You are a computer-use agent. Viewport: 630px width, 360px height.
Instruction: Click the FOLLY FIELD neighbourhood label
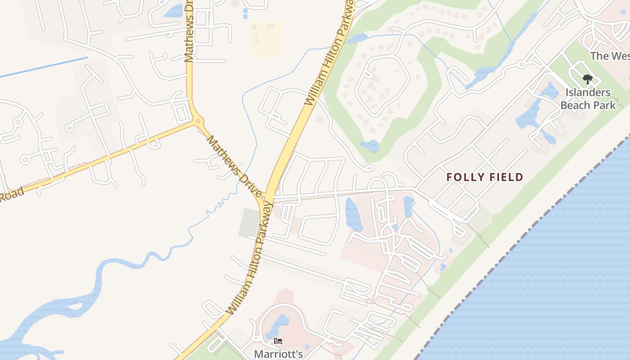(485, 177)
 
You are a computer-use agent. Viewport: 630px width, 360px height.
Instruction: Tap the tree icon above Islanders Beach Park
(587, 80)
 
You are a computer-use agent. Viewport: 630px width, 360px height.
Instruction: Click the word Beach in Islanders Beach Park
(574, 105)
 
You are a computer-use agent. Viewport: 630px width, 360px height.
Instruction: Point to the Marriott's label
(278, 354)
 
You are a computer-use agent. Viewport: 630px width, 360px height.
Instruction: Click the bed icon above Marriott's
(278, 342)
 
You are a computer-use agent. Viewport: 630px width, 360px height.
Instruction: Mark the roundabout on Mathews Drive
(198, 121)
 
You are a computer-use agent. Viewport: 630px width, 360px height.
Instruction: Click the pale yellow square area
(266, 39)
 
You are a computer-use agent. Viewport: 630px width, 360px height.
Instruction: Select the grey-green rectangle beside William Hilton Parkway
(249, 222)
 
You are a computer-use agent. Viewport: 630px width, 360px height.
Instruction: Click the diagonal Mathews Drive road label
(234, 166)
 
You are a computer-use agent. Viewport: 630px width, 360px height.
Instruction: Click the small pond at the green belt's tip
(370, 146)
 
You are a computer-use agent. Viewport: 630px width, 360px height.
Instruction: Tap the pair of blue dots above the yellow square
(245, 13)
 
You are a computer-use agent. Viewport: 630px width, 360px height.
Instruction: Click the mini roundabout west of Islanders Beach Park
(522, 65)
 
